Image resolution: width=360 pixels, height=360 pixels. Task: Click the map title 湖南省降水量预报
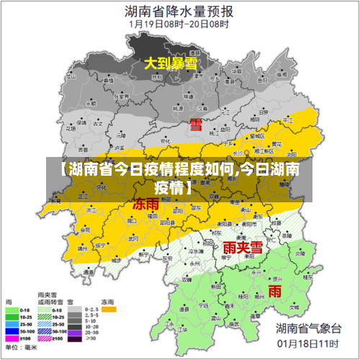179,11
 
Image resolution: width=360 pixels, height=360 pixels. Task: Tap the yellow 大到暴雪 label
171,64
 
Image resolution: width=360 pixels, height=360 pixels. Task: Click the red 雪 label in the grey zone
196,124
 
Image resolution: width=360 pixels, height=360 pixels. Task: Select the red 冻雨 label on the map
146,204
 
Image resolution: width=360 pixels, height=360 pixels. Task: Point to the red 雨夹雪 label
241,248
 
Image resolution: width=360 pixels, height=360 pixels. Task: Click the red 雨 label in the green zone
275,290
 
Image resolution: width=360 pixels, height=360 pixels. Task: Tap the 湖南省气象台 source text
307,328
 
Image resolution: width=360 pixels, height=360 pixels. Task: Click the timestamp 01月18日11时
307,343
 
